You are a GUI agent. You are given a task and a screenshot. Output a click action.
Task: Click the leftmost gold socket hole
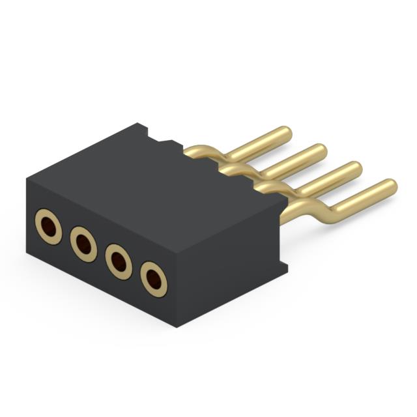tap(48, 226)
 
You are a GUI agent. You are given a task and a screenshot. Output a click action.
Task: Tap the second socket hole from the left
tap(83, 244)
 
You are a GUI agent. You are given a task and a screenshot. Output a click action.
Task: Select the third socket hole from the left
tap(118, 262)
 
